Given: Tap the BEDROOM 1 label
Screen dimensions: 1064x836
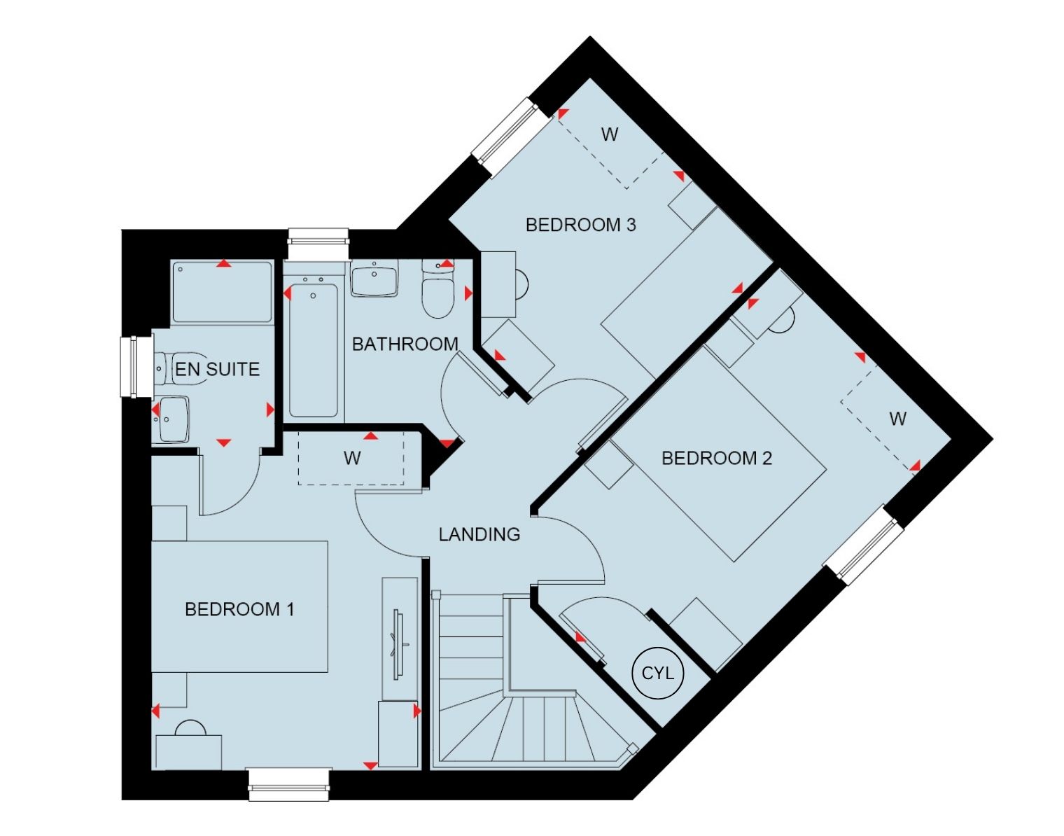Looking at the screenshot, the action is (239, 609).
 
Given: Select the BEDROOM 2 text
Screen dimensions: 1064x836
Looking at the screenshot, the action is (717, 459).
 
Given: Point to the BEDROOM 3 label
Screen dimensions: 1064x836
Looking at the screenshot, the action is (580, 225).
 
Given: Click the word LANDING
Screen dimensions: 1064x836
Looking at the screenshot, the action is (479, 534).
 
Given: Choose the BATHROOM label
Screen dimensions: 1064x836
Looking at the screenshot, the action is (405, 344).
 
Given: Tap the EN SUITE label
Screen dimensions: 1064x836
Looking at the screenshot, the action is (218, 369).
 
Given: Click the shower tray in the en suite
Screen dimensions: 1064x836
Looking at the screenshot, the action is (223, 293).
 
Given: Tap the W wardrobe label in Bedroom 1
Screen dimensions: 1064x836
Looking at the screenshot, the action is (352, 459).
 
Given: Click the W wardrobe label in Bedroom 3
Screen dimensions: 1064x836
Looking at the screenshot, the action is (610, 134).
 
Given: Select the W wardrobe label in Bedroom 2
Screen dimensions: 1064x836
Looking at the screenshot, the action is (897, 419).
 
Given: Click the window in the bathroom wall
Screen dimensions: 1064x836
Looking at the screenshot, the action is (318, 243).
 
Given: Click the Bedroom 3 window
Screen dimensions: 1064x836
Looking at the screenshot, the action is (505, 137).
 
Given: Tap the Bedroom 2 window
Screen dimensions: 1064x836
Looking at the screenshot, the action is (863, 545).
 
